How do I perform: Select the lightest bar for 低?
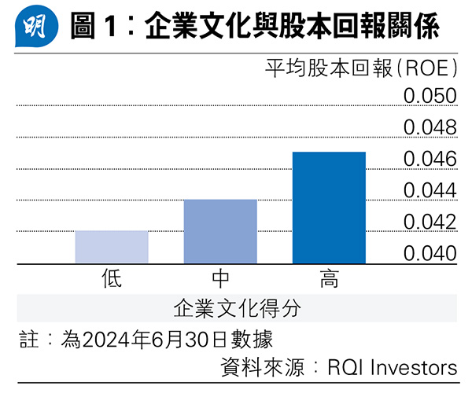[x=112, y=247]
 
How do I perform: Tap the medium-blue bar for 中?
[x=220, y=231]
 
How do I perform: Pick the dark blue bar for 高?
[x=329, y=208]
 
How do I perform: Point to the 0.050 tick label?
[x=430, y=96]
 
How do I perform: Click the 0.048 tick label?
[x=430, y=127]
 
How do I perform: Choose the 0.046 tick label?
[x=430, y=159]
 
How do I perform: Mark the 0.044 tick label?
[x=430, y=190]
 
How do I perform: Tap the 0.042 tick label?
[x=430, y=222]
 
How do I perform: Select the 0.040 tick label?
[x=430, y=253]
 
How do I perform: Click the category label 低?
[x=112, y=278]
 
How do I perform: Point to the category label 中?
[x=220, y=278]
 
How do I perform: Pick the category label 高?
[x=329, y=278]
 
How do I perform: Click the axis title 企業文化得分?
[x=236, y=307]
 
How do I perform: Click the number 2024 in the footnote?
[x=104, y=340]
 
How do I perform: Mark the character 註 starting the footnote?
[x=28, y=340]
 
